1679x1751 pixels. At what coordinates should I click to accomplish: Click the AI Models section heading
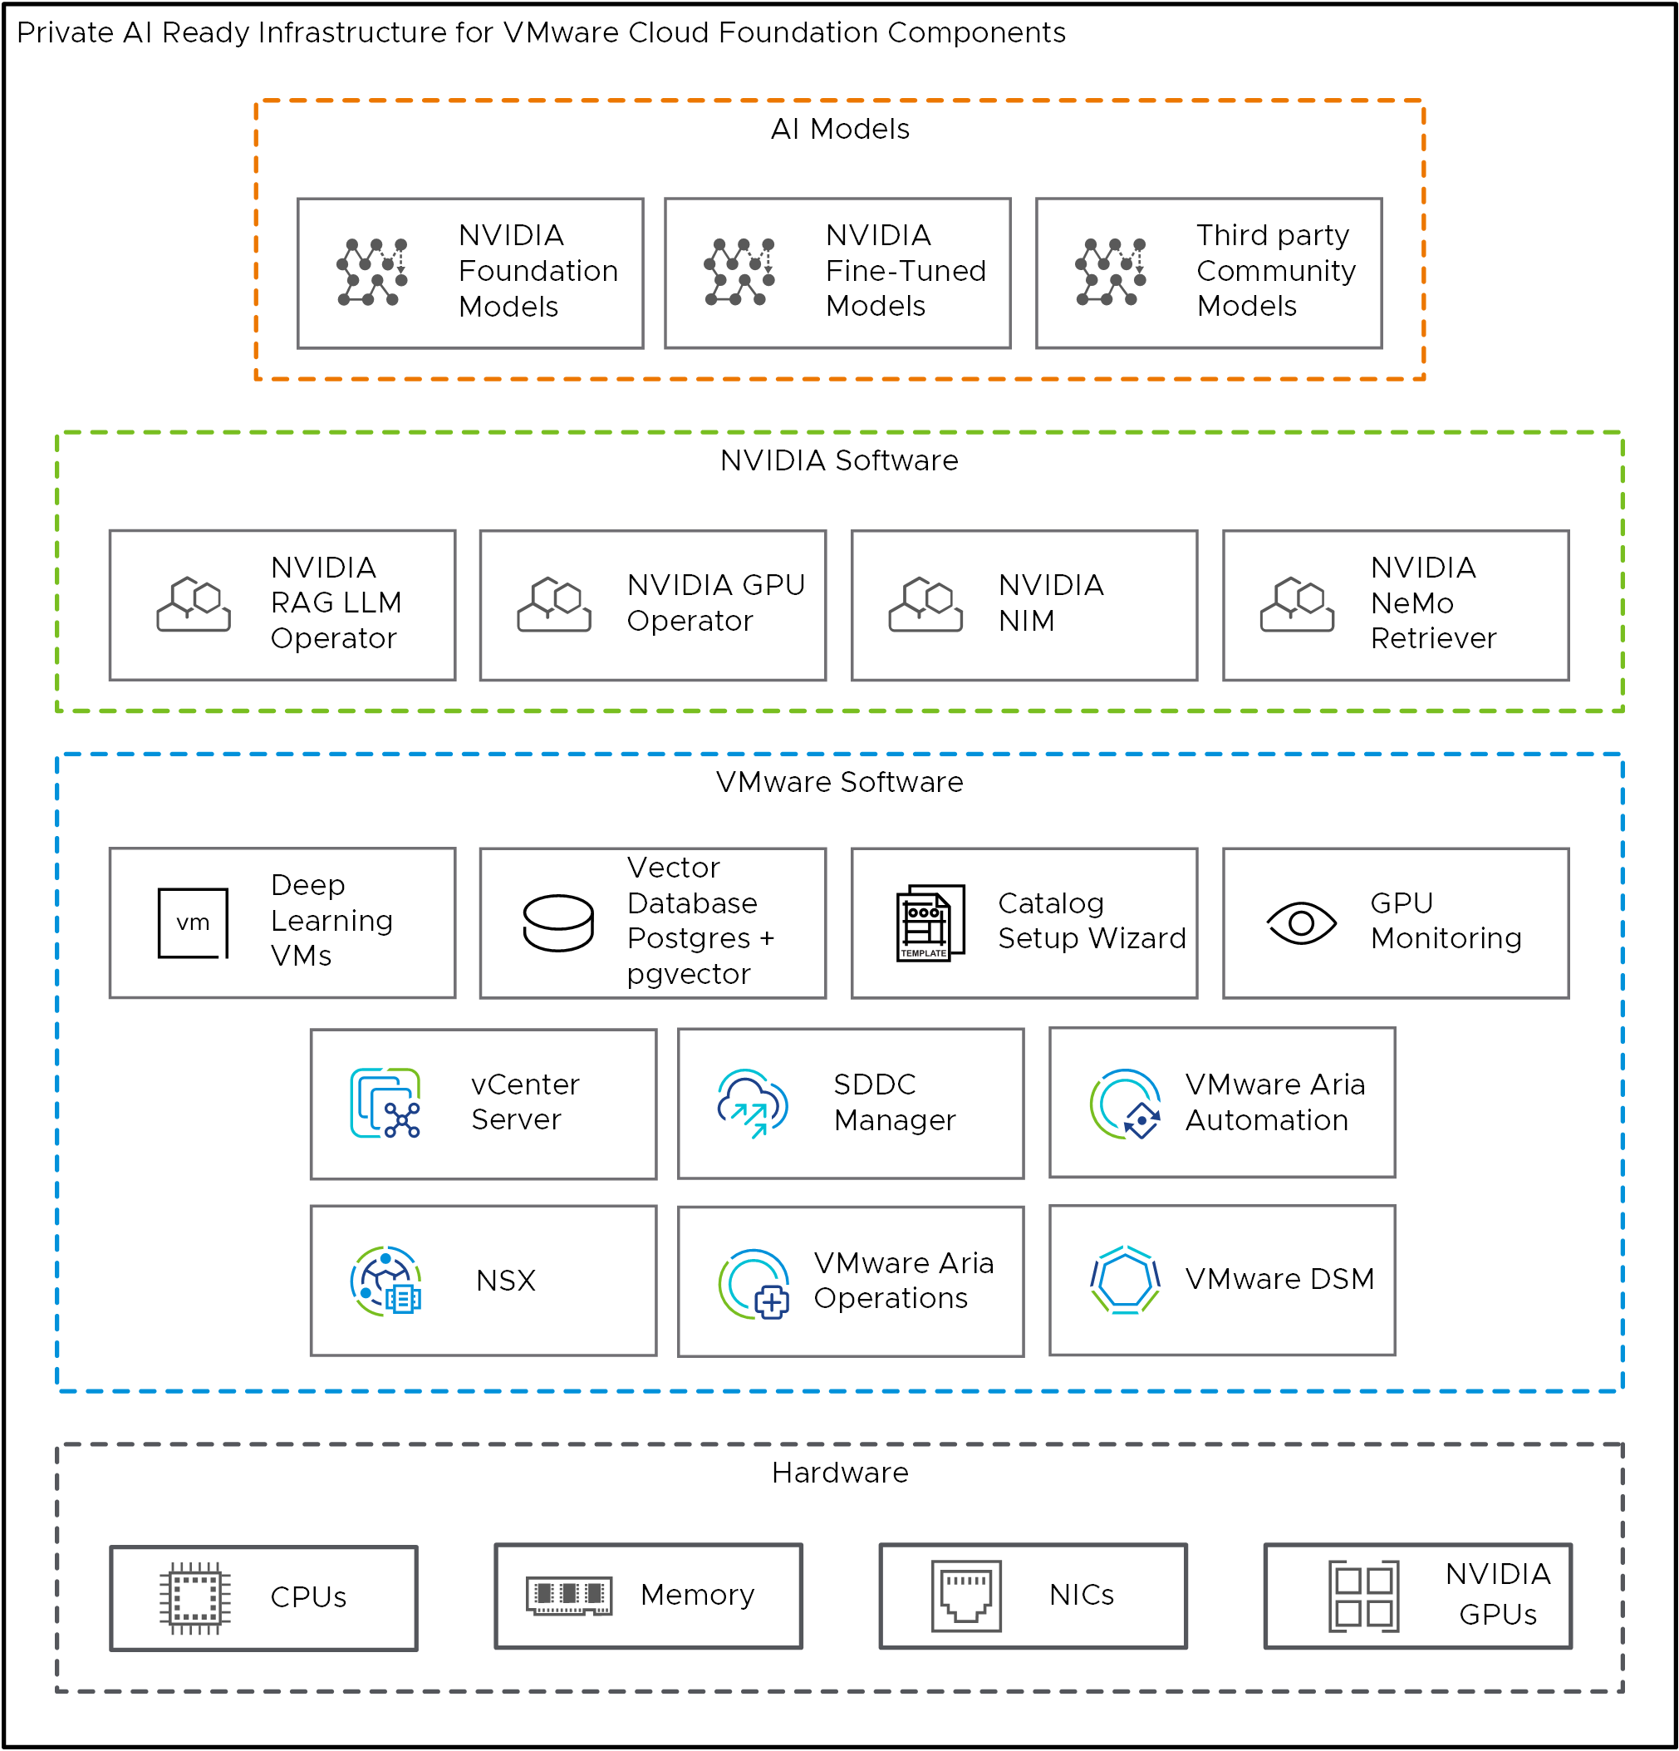(x=839, y=129)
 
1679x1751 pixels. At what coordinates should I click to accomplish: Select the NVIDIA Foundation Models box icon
(x=372, y=273)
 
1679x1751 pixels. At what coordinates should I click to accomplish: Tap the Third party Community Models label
(x=1275, y=271)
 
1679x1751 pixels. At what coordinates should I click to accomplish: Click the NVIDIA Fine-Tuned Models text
(x=905, y=271)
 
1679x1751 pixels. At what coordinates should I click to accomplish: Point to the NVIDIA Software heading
(x=838, y=460)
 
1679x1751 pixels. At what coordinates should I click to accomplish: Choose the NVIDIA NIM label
(x=1050, y=603)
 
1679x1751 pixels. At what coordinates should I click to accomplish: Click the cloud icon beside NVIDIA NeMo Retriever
(x=1297, y=605)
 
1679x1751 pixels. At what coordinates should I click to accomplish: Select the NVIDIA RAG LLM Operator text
(x=336, y=603)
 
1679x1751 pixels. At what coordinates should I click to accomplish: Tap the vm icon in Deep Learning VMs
(x=193, y=922)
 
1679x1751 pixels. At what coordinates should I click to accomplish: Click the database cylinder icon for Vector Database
(x=558, y=922)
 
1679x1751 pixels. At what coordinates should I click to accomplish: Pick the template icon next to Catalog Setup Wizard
(x=930, y=922)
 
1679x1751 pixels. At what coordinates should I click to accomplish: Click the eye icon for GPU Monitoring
(x=1301, y=922)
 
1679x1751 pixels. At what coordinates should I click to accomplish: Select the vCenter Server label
(x=525, y=1101)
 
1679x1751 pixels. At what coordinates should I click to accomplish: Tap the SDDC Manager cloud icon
(x=752, y=1104)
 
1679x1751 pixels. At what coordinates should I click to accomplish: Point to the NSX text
(x=505, y=1280)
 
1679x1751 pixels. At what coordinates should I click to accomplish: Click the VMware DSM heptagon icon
(x=1124, y=1279)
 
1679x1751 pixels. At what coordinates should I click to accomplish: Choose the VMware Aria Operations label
(x=903, y=1280)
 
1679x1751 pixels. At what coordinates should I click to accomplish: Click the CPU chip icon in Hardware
(x=194, y=1598)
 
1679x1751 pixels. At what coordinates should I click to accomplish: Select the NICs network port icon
(x=965, y=1596)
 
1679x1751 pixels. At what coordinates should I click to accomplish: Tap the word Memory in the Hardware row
(x=696, y=1595)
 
